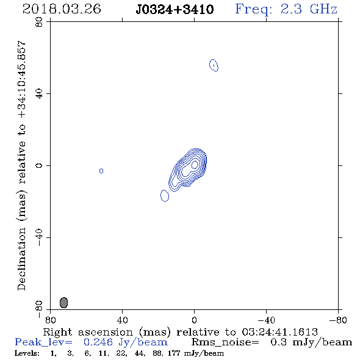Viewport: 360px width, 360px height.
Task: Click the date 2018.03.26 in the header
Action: tap(62, 9)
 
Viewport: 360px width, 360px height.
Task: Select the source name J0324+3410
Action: tap(175, 10)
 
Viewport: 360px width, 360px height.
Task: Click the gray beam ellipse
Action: tap(64, 303)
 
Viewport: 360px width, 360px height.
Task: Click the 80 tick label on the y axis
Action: tap(39, 22)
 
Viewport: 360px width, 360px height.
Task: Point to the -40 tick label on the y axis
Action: tap(39, 237)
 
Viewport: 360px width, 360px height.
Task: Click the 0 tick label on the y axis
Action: tap(39, 165)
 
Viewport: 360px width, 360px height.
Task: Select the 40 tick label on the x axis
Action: tap(122, 320)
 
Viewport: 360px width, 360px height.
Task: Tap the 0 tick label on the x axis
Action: tap(194, 320)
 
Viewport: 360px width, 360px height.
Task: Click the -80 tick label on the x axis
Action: tap(338, 320)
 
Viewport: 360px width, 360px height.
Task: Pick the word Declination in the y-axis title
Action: tap(21, 259)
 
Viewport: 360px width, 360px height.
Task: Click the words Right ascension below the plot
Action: tap(88, 332)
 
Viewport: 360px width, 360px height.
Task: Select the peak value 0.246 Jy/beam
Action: tap(126, 342)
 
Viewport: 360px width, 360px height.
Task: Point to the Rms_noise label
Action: tap(225, 342)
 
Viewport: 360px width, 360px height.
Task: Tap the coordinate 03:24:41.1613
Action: tap(280, 332)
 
